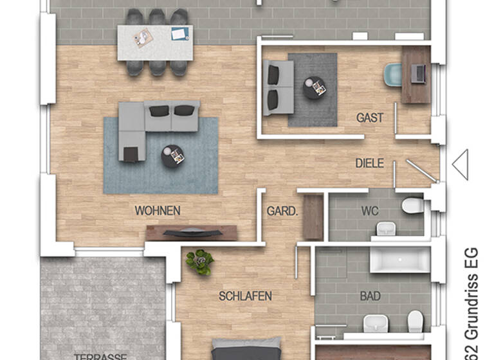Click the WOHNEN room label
(x=157, y=210)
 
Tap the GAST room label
(x=370, y=118)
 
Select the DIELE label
(x=369, y=163)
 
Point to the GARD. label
(x=282, y=210)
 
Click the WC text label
(x=370, y=210)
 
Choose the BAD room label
(x=370, y=296)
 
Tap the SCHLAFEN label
(x=245, y=296)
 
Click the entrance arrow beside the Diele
(x=460, y=165)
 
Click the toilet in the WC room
(x=412, y=206)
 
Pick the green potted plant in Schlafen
(x=199, y=262)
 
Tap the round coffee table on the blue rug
(x=173, y=155)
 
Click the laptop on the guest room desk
(x=419, y=73)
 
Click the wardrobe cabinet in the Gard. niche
(x=313, y=217)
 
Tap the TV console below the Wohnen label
(x=192, y=232)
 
